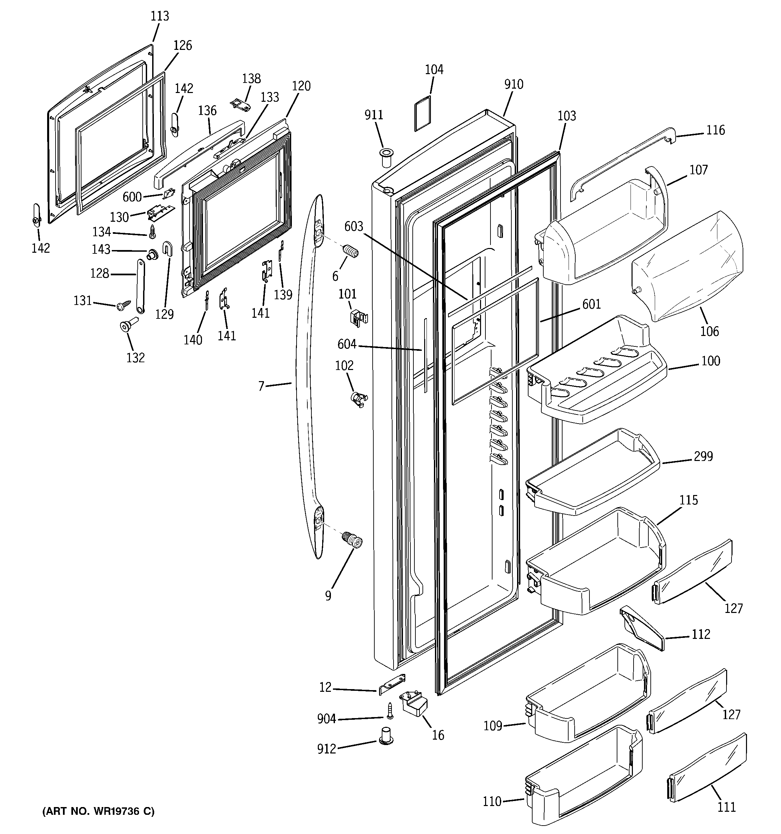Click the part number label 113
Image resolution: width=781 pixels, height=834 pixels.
[160, 16]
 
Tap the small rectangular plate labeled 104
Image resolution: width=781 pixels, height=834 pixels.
[422, 113]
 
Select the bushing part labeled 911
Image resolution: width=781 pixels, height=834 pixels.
[386, 156]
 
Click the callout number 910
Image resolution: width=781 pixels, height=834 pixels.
[513, 84]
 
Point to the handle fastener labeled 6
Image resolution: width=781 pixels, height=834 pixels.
[351, 252]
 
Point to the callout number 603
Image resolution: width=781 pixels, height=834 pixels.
[353, 226]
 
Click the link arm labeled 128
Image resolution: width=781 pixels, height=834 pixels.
[140, 286]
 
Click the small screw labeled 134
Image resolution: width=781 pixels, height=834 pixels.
[152, 230]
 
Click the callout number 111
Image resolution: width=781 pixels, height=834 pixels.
[726, 807]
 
